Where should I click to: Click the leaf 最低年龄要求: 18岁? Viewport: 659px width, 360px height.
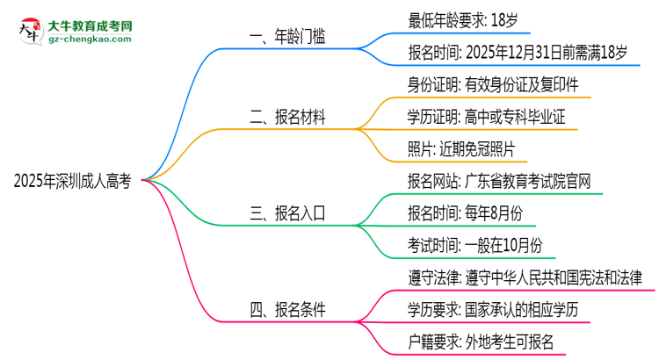[467, 18]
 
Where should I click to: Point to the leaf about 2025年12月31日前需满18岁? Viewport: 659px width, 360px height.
[518, 53]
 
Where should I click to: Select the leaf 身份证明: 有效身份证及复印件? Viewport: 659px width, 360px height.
[493, 86]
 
